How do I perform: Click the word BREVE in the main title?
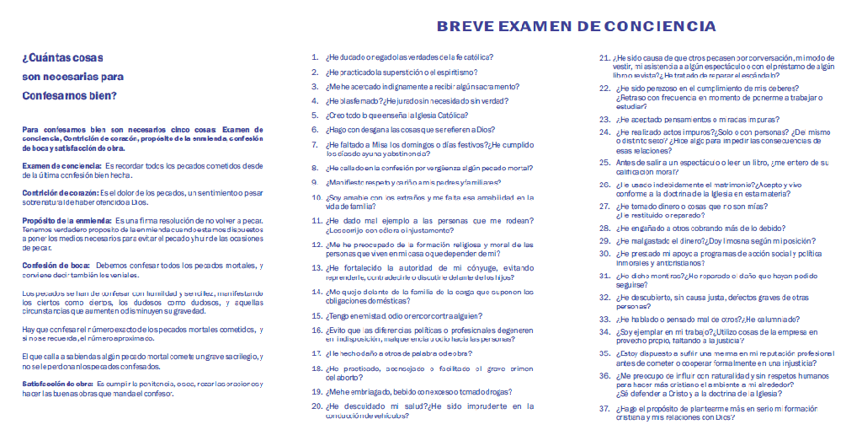[463, 26]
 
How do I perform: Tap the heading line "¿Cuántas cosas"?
[63, 57]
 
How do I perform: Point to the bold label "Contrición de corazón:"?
[53, 192]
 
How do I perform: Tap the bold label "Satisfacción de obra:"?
[56, 384]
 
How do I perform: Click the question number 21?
[603, 57]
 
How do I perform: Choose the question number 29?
[603, 240]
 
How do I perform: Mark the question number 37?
[603, 408]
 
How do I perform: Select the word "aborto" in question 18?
[359, 377]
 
